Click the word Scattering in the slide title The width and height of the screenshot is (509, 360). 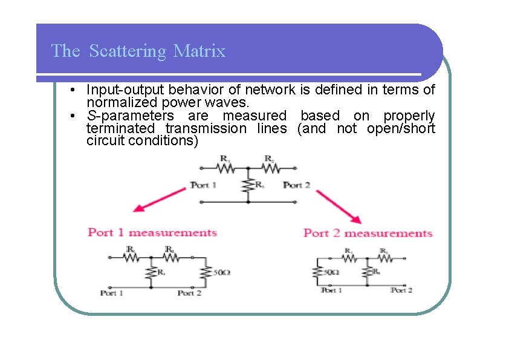(127, 51)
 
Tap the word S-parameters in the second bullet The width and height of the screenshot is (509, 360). (130, 116)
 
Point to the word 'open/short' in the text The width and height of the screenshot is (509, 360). (400, 128)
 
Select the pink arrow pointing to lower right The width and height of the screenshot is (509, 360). (338, 206)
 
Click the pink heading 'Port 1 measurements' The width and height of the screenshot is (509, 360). (152, 232)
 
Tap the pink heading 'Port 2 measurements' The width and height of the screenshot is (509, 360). (368, 233)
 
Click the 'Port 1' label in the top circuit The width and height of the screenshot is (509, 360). (204, 185)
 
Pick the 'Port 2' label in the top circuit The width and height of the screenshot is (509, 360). (296, 185)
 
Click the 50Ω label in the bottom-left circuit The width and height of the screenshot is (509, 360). (221, 273)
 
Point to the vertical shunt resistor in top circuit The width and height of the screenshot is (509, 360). (247, 185)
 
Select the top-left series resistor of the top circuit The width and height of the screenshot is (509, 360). (225, 168)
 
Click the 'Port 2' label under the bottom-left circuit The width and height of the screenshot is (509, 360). (189, 293)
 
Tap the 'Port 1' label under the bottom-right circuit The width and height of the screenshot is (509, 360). (331, 290)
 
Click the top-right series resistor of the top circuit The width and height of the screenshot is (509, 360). (270, 168)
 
